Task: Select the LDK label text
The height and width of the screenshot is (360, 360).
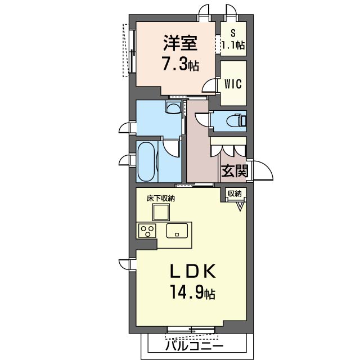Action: point(192,271)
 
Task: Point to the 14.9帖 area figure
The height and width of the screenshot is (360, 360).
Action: point(192,291)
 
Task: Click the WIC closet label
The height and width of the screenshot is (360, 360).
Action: point(233,84)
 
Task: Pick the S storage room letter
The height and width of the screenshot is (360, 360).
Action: point(233,34)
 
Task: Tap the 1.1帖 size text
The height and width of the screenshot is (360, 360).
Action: point(233,45)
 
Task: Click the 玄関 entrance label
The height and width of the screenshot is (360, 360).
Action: point(235,171)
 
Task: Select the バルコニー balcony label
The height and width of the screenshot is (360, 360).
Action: point(194,346)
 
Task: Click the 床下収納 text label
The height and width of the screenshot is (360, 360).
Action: point(161,199)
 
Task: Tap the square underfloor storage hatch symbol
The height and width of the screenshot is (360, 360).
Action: point(161,212)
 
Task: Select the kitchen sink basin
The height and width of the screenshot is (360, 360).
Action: point(177,231)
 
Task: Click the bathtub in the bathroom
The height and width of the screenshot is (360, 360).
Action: point(146,161)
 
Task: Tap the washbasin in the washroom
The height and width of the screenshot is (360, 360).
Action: point(174,107)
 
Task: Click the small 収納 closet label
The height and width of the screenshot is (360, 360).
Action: point(235,193)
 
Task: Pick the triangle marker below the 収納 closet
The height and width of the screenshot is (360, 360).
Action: point(240,206)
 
